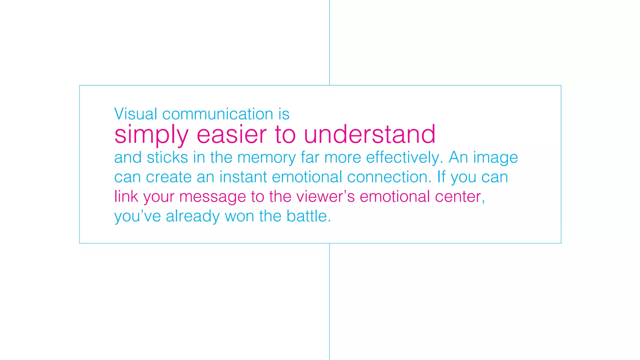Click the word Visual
pyautogui.click(x=135, y=114)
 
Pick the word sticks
pyautogui.click(x=167, y=157)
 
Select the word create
pyautogui.click(x=169, y=177)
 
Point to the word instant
pyautogui.click(x=243, y=177)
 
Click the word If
pyautogui.click(x=441, y=177)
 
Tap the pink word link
pyautogui.click(x=126, y=197)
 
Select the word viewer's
pyautogui.click(x=325, y=197)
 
